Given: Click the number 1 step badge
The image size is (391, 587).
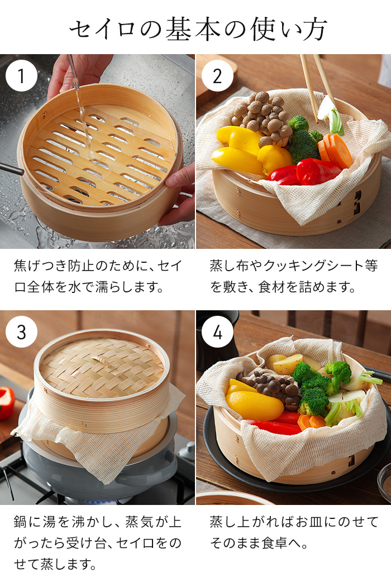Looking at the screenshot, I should click(21, 75).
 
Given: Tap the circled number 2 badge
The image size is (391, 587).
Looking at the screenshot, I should click(217, 75).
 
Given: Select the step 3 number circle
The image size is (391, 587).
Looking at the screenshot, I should click(21, 331).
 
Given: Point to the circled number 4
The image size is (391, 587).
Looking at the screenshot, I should click(217, 331).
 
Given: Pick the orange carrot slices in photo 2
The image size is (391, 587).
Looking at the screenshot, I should click(336, 150).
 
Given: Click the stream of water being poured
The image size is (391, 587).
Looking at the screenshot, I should click(80, 106).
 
